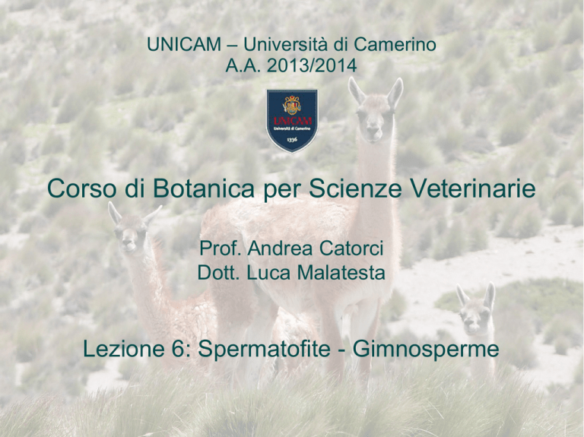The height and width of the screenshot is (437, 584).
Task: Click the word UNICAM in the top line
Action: [184, 45]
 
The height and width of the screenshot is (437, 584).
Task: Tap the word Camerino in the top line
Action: [395, 45]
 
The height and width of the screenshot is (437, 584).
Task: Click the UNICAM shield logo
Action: [292, 120]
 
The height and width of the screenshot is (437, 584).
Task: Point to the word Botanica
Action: [203, 188]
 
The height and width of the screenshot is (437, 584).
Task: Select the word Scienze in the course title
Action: [355, 188]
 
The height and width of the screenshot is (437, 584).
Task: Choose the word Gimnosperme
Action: [425, 349]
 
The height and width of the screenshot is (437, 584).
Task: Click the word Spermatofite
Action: [264, 349]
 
